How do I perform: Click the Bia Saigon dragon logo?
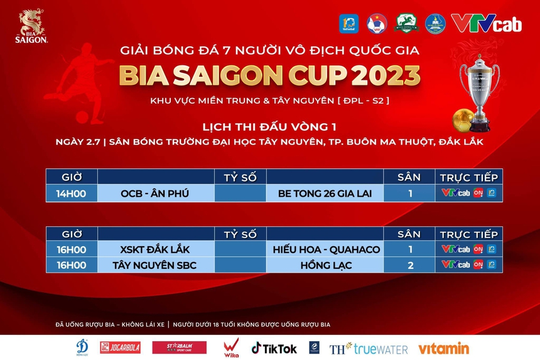31,25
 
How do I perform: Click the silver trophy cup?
480,87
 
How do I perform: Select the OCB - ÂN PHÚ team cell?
155,194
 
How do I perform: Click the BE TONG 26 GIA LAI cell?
325,194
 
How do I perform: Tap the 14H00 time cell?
71,194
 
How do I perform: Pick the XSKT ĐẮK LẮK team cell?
155,249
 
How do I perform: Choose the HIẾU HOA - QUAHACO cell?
326,249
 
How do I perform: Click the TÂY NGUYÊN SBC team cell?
155,265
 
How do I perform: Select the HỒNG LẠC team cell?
326,265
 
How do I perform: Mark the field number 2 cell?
410,265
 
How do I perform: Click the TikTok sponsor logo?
274,347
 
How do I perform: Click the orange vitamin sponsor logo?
443,347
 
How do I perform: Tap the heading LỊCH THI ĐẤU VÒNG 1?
270,126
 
